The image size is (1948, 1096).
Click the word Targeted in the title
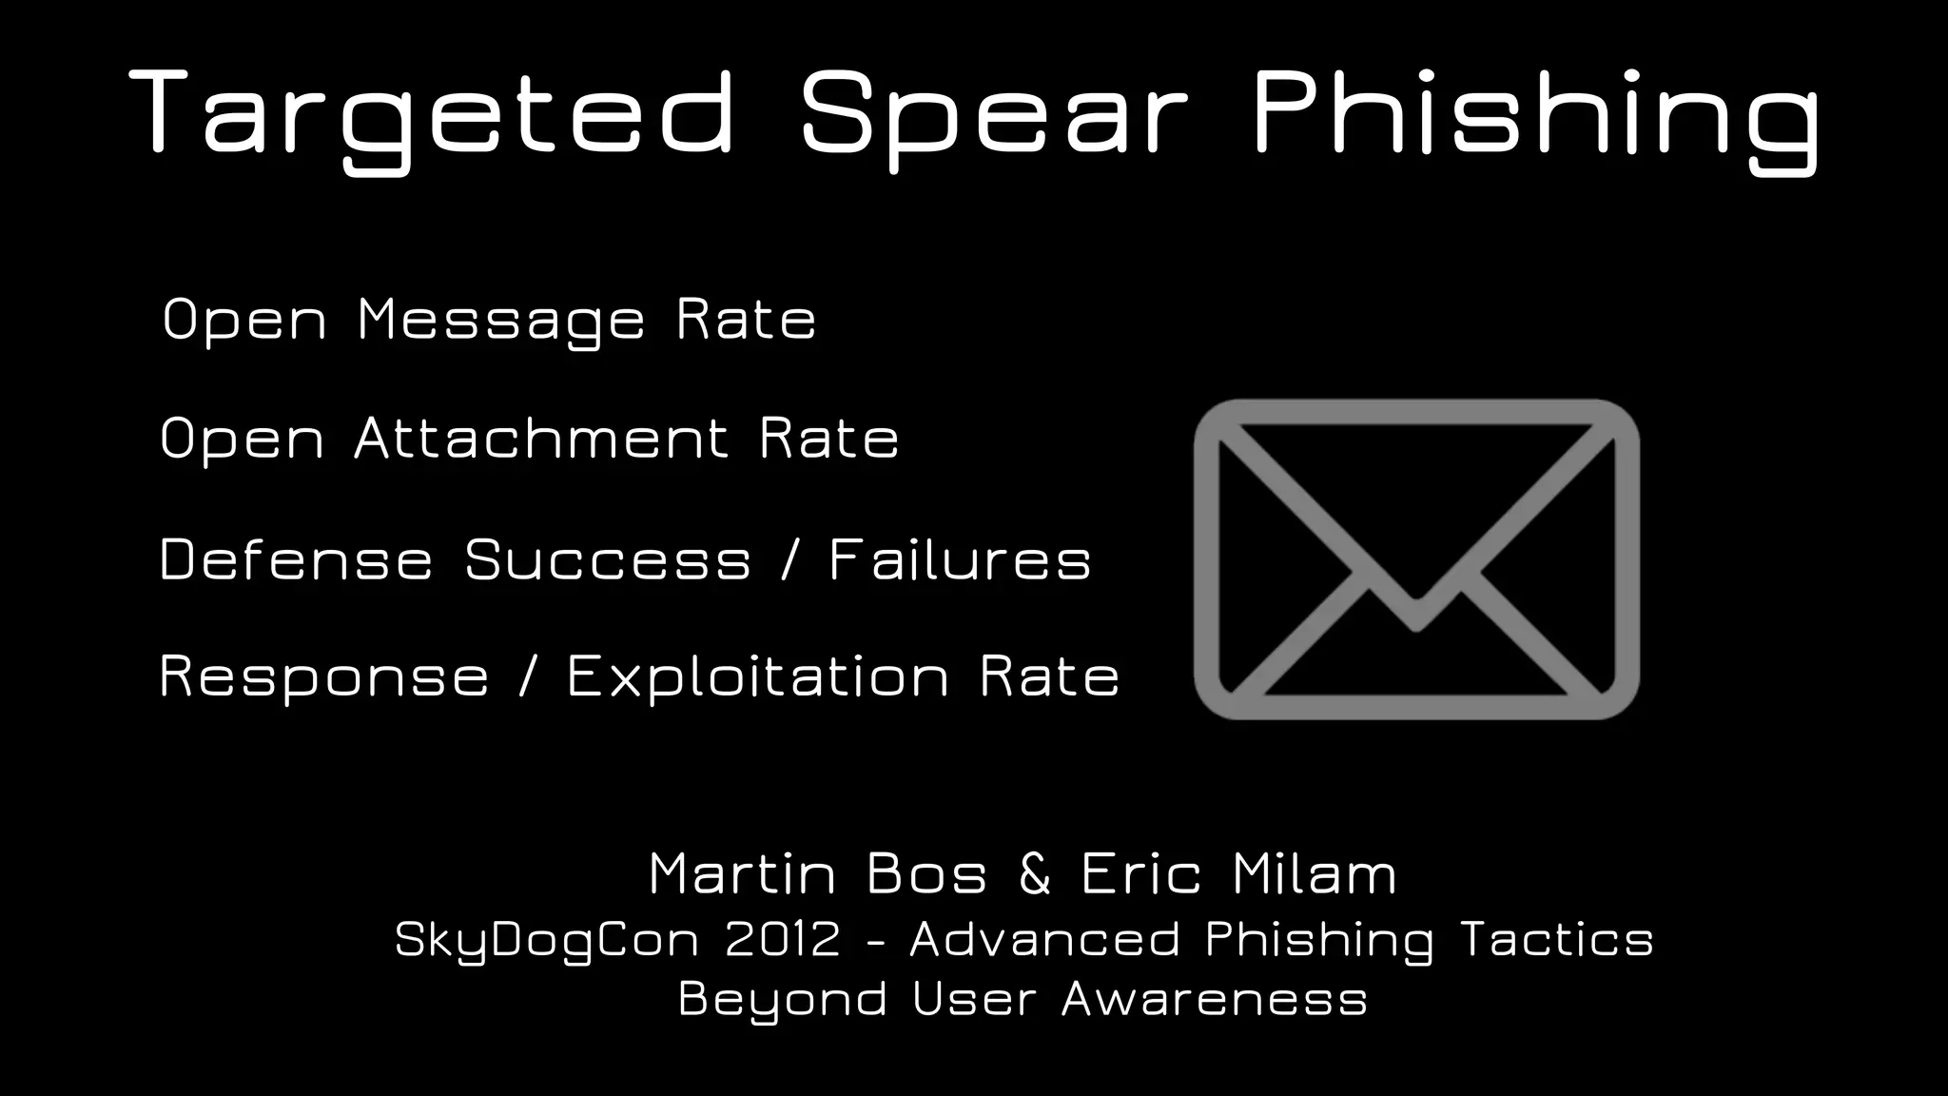(433, 114)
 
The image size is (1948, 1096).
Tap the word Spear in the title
(994, 114)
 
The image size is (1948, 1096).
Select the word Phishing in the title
(1536, 114)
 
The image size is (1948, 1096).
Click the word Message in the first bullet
(501, 320)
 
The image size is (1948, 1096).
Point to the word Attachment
(541, 439)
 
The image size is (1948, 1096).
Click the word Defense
(296, 558)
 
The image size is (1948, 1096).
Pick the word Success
(608, 558)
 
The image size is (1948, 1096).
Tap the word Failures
(960, 558)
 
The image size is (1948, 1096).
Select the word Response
(324, 677)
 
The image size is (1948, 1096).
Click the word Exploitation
(758, 677)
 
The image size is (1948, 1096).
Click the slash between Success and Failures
(789, 558)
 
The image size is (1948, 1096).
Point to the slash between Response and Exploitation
(528, 677)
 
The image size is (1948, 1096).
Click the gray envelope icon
(1416, 559)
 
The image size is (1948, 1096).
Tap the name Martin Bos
(818, 873)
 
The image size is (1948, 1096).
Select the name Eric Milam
(1238, 873)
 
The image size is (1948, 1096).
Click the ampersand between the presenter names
(1035, 873)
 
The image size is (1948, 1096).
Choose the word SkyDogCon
(548, 940)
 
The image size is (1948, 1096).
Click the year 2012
(783, 940)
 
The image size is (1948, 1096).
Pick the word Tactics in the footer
(1556, 940)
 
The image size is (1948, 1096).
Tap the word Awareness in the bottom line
(1215, 999)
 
